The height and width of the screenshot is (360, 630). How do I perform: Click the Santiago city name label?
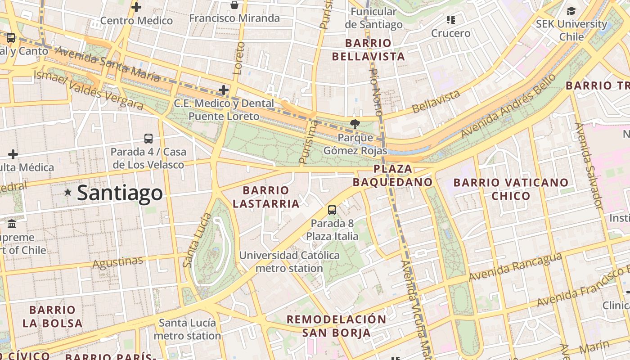coord(120,193)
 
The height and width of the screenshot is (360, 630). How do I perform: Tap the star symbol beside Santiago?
coord(68,192)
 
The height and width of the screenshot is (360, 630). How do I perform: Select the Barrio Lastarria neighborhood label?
coord(266,197)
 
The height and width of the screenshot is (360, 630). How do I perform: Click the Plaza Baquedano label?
coord(393,175)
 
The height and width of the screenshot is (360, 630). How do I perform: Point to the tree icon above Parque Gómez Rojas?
coord(355,124)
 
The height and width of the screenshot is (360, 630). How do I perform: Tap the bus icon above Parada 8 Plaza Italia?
coord(332,210)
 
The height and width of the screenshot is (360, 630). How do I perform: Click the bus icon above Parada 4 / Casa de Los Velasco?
coord(148,139)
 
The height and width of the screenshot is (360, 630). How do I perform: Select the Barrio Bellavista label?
coord(369,50)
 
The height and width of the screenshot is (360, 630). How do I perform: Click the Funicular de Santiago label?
coord(373,18)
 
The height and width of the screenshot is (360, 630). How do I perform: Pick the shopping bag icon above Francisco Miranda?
coord(234,5)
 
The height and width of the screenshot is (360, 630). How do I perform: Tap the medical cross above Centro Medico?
coord(136,7)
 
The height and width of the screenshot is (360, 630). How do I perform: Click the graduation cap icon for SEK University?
coord(571,11)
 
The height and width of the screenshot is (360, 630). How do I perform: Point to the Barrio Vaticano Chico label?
coord(511,189)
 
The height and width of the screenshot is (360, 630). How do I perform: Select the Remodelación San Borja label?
coord(337,326)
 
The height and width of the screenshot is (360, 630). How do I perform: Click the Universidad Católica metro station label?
coord(289,261)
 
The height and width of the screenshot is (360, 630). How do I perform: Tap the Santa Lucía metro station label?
coord(187,329)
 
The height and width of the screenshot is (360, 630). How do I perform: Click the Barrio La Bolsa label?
coord(53,316)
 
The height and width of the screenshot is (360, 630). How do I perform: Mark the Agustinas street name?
coord(118,262)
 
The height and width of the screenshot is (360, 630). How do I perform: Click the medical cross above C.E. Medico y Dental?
coord(224,90)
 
